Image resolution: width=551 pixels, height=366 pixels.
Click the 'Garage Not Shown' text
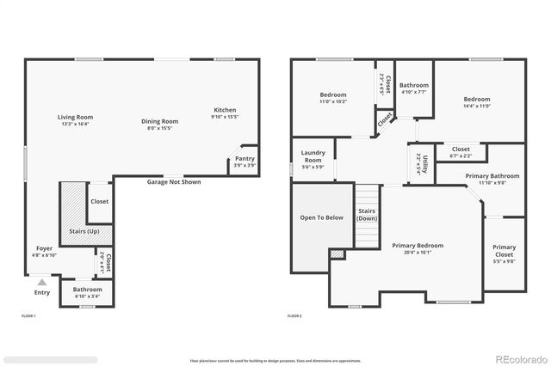pyautogui.click(x=174, y=182)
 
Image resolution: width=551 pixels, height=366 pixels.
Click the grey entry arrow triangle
pyautogui.click(x=41, y=281)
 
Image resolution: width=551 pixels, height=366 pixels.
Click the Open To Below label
pyautogui.click(x=322, y=217)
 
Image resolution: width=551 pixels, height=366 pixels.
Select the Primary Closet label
pyautogui.click(x=505, y=251)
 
